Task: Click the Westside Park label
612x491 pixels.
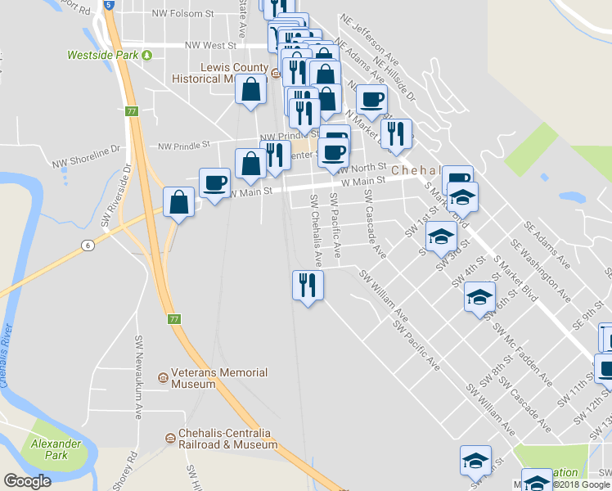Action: point(102,55)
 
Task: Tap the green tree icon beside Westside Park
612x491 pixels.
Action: point(146,55)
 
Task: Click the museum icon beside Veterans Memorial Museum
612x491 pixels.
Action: point(163,377)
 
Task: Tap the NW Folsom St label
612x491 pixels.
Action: point(183,14)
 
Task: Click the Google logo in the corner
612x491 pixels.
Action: point(27,481)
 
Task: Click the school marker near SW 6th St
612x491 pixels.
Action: point(479,297)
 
